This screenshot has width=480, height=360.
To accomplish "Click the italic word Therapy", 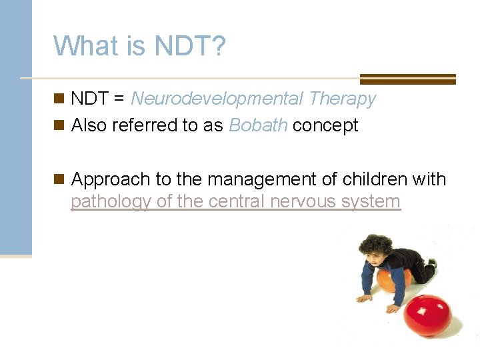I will [x=342, y=99].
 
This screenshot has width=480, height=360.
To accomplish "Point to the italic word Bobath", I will [x=258, y=125].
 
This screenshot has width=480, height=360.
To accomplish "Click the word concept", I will [x=325, y=125].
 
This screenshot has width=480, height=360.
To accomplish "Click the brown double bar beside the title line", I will [x=407, y=79].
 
